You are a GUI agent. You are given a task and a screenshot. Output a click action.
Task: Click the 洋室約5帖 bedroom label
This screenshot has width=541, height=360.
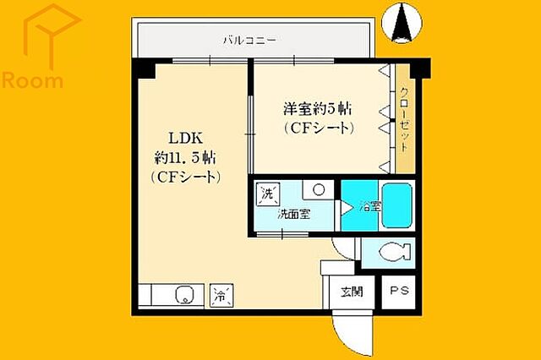click(317, 109)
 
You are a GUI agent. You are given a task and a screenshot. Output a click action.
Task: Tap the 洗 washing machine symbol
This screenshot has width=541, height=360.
click(267, 193)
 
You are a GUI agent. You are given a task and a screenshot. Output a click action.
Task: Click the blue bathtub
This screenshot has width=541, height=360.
click(396, 205)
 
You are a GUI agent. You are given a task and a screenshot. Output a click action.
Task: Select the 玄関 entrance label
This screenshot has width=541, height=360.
click(352, 293)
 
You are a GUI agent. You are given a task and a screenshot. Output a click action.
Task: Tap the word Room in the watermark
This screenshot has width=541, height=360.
click(33, 81)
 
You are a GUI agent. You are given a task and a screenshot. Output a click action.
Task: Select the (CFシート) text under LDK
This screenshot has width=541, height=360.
click(186, 177)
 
